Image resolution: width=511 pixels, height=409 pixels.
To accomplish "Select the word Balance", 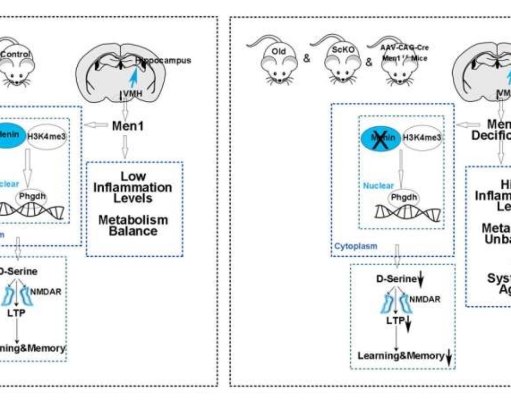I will tap(133, 231).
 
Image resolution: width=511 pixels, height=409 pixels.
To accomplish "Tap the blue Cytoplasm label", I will tap(356, 245).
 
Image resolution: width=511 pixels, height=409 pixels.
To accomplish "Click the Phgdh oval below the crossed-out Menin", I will tap(405, 197).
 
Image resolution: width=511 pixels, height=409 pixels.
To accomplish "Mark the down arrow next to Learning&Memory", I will tap(449, 356).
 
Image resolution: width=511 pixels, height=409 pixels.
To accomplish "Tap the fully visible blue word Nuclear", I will tap(377, 186).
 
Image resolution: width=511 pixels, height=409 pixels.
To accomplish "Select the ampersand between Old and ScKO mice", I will tap(307, 58).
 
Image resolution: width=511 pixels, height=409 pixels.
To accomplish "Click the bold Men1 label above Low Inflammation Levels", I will tap(130, 125).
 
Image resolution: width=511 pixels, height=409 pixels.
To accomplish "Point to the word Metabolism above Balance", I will tap(133, 220).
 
